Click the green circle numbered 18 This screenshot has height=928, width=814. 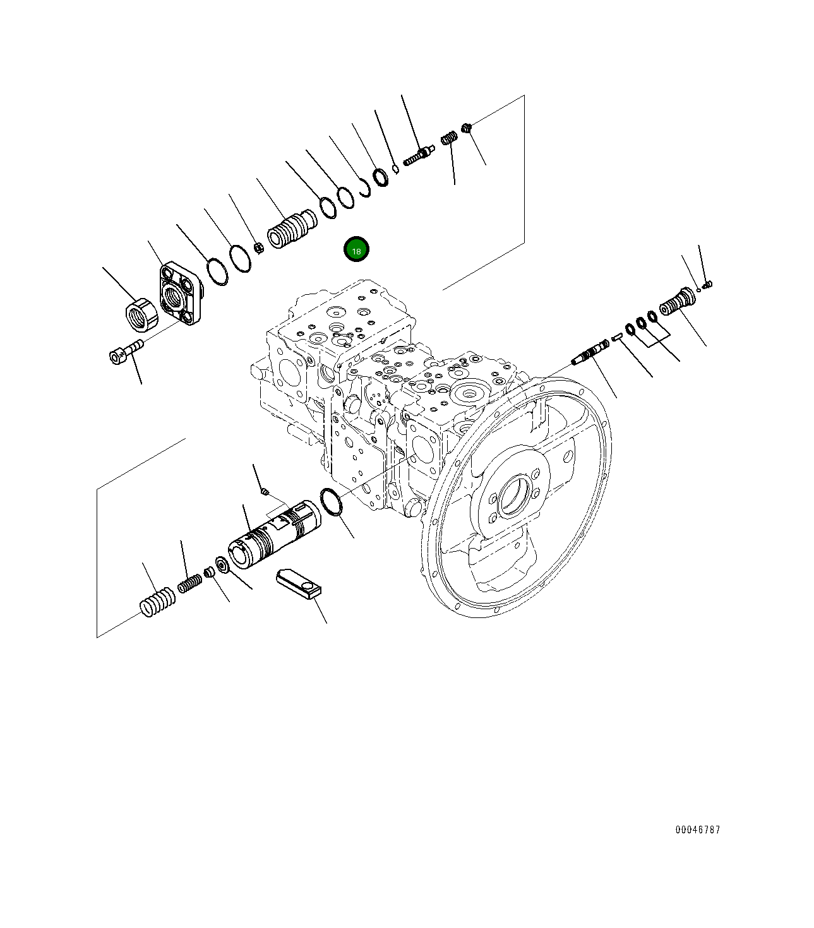point(356,250)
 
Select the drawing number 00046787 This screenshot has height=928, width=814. point(697,830)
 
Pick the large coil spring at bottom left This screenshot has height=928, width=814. point(157,602)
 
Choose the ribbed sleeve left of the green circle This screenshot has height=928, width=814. point(291,229)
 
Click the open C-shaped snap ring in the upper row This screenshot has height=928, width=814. point(364,187)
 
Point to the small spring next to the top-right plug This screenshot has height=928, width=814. point(449,137)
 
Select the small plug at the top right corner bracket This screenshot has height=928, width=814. point(467,129)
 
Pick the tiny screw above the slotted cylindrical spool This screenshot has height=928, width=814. point(265,490)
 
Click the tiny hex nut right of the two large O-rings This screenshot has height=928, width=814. point(258,247)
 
